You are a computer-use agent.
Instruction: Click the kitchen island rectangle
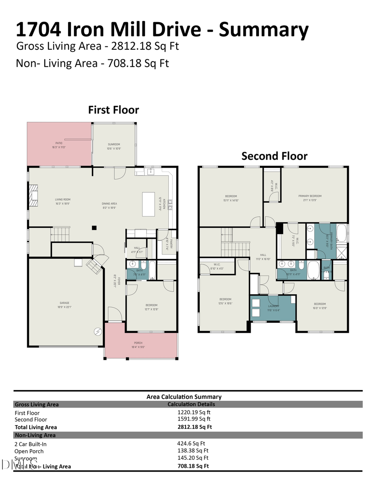148,204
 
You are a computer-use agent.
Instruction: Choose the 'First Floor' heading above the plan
113,110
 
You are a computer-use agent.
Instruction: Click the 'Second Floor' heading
274,156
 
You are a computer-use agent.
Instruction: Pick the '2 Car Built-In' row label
31,444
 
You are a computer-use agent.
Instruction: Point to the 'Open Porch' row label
29,451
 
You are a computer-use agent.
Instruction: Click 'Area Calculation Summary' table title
184,397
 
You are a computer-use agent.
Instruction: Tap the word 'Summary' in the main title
264,30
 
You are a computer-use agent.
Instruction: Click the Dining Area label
109,205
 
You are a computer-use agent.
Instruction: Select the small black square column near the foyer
94,228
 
